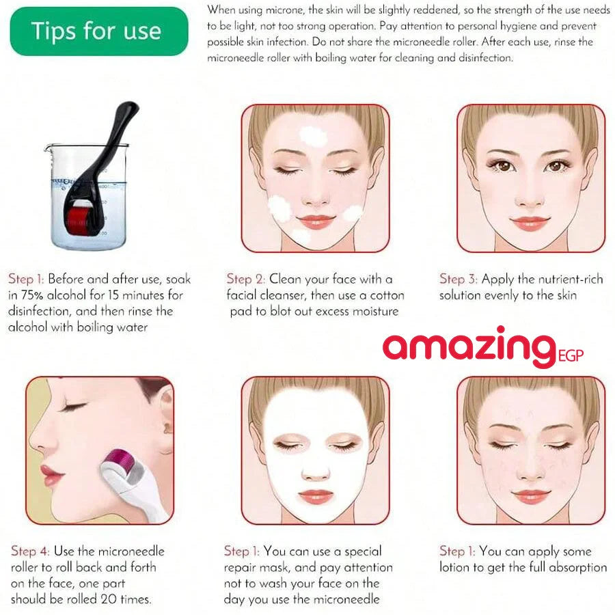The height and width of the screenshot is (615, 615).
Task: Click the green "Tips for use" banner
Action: click(x=99, y=31)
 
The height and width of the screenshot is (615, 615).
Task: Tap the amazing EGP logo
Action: click(x=483, y=348)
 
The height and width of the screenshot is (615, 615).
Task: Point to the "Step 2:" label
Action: click(x=245, y=279)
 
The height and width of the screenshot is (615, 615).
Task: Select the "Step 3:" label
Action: click(x=458, y=279)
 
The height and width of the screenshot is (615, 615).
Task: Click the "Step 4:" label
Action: click(x=30, y=551)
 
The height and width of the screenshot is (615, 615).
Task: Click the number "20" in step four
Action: click(x=109, y=599)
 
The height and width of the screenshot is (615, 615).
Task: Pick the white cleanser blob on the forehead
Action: click(x=314, y=137)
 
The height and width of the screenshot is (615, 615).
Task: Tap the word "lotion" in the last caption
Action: click(x=452, y=567)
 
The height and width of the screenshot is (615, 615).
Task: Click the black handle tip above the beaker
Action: click(x=129, y=107)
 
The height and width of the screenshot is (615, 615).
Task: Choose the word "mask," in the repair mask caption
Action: click(x=275, y=568)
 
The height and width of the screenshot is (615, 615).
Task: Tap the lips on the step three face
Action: click(x=530, y=223)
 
